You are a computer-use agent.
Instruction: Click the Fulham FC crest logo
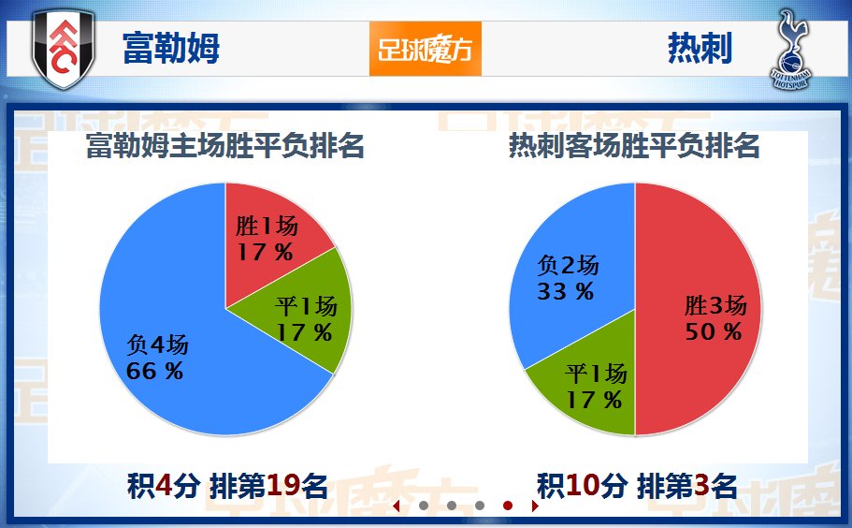tap(64, 49)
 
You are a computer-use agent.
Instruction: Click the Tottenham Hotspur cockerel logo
tap(790, 49)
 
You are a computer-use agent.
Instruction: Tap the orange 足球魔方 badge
tap(426, 49)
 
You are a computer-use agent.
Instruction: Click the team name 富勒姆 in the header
tap(171, 48)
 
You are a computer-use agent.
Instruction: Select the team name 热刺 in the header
tap(700, 48)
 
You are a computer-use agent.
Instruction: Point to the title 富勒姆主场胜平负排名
tap(225, 145)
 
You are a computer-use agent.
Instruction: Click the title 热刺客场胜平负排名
tap(634, 145)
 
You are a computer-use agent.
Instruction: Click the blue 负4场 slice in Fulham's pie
tap(174, 337)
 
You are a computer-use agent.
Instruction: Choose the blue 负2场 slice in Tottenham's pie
tap(570, 271)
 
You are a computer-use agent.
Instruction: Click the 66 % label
tap(154, 372)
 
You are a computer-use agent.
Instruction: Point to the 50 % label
tap(713, 331)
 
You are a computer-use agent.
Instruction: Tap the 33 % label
tap(565, 292)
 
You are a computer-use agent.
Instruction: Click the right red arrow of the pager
tap(535, 506)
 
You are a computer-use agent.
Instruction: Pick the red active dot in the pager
tap(508, 506)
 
